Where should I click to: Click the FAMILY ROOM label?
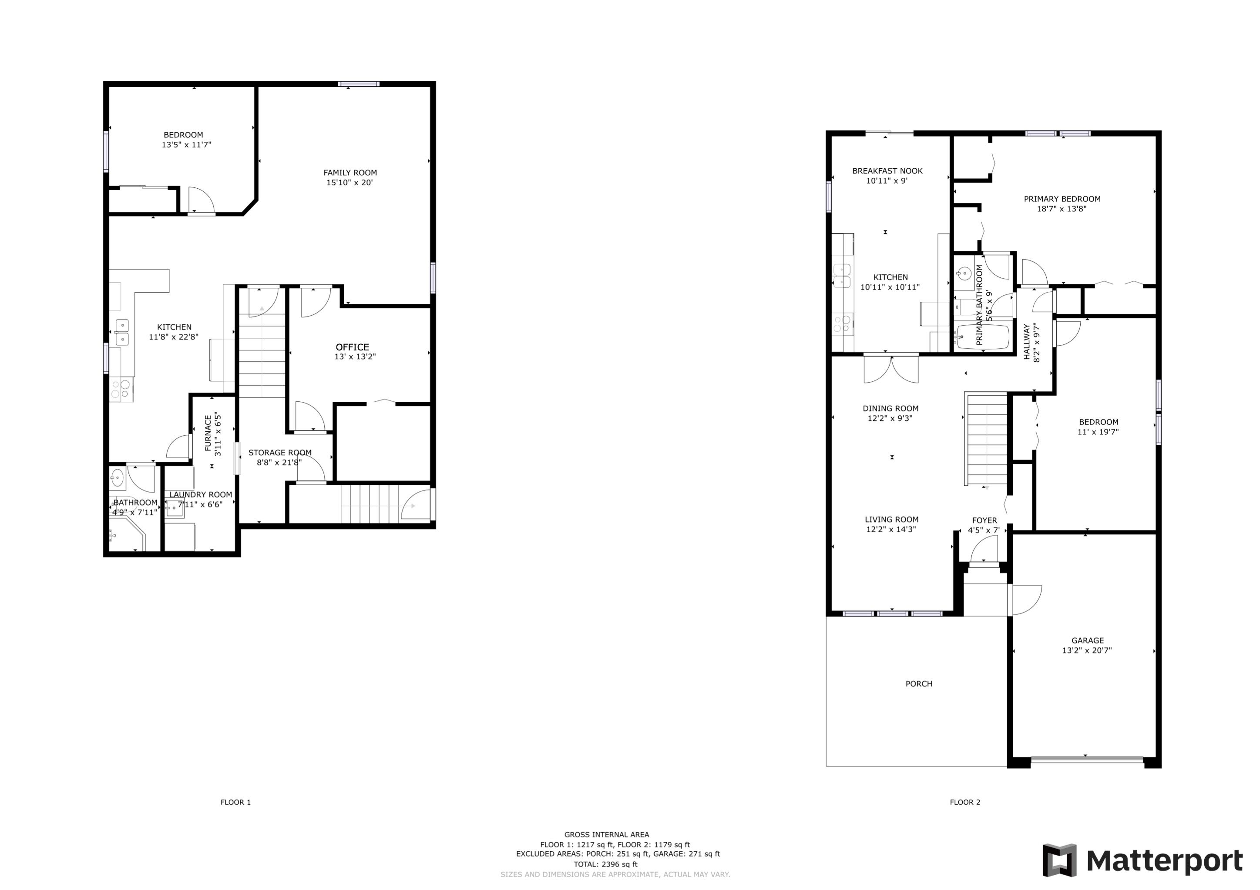(x=350, y=173)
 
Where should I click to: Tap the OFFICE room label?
(x=352, y=347)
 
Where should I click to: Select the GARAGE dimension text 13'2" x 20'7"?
(x=1087, y=650)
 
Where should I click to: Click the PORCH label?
(x=919, y=684)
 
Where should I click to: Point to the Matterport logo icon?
(x=1059, y=860)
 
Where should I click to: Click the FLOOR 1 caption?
(x=235, y=802)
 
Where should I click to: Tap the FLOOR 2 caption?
(x=965, y=802)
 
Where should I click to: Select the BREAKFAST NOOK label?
(x=887, y=171)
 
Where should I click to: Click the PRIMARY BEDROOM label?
(x=1062, y=199)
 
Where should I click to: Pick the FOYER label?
(x=984, y=520)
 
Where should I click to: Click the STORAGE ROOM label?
(x=280, y=453)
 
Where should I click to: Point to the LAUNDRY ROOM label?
(x=201, y=495)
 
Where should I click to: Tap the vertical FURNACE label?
(x=208, y=433)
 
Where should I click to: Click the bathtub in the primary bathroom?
(x=982, y=337)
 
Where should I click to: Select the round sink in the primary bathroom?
(x=964, y=273)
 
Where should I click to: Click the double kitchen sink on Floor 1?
(x=122, y=332)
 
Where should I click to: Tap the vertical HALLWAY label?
(x=1027, y=342)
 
